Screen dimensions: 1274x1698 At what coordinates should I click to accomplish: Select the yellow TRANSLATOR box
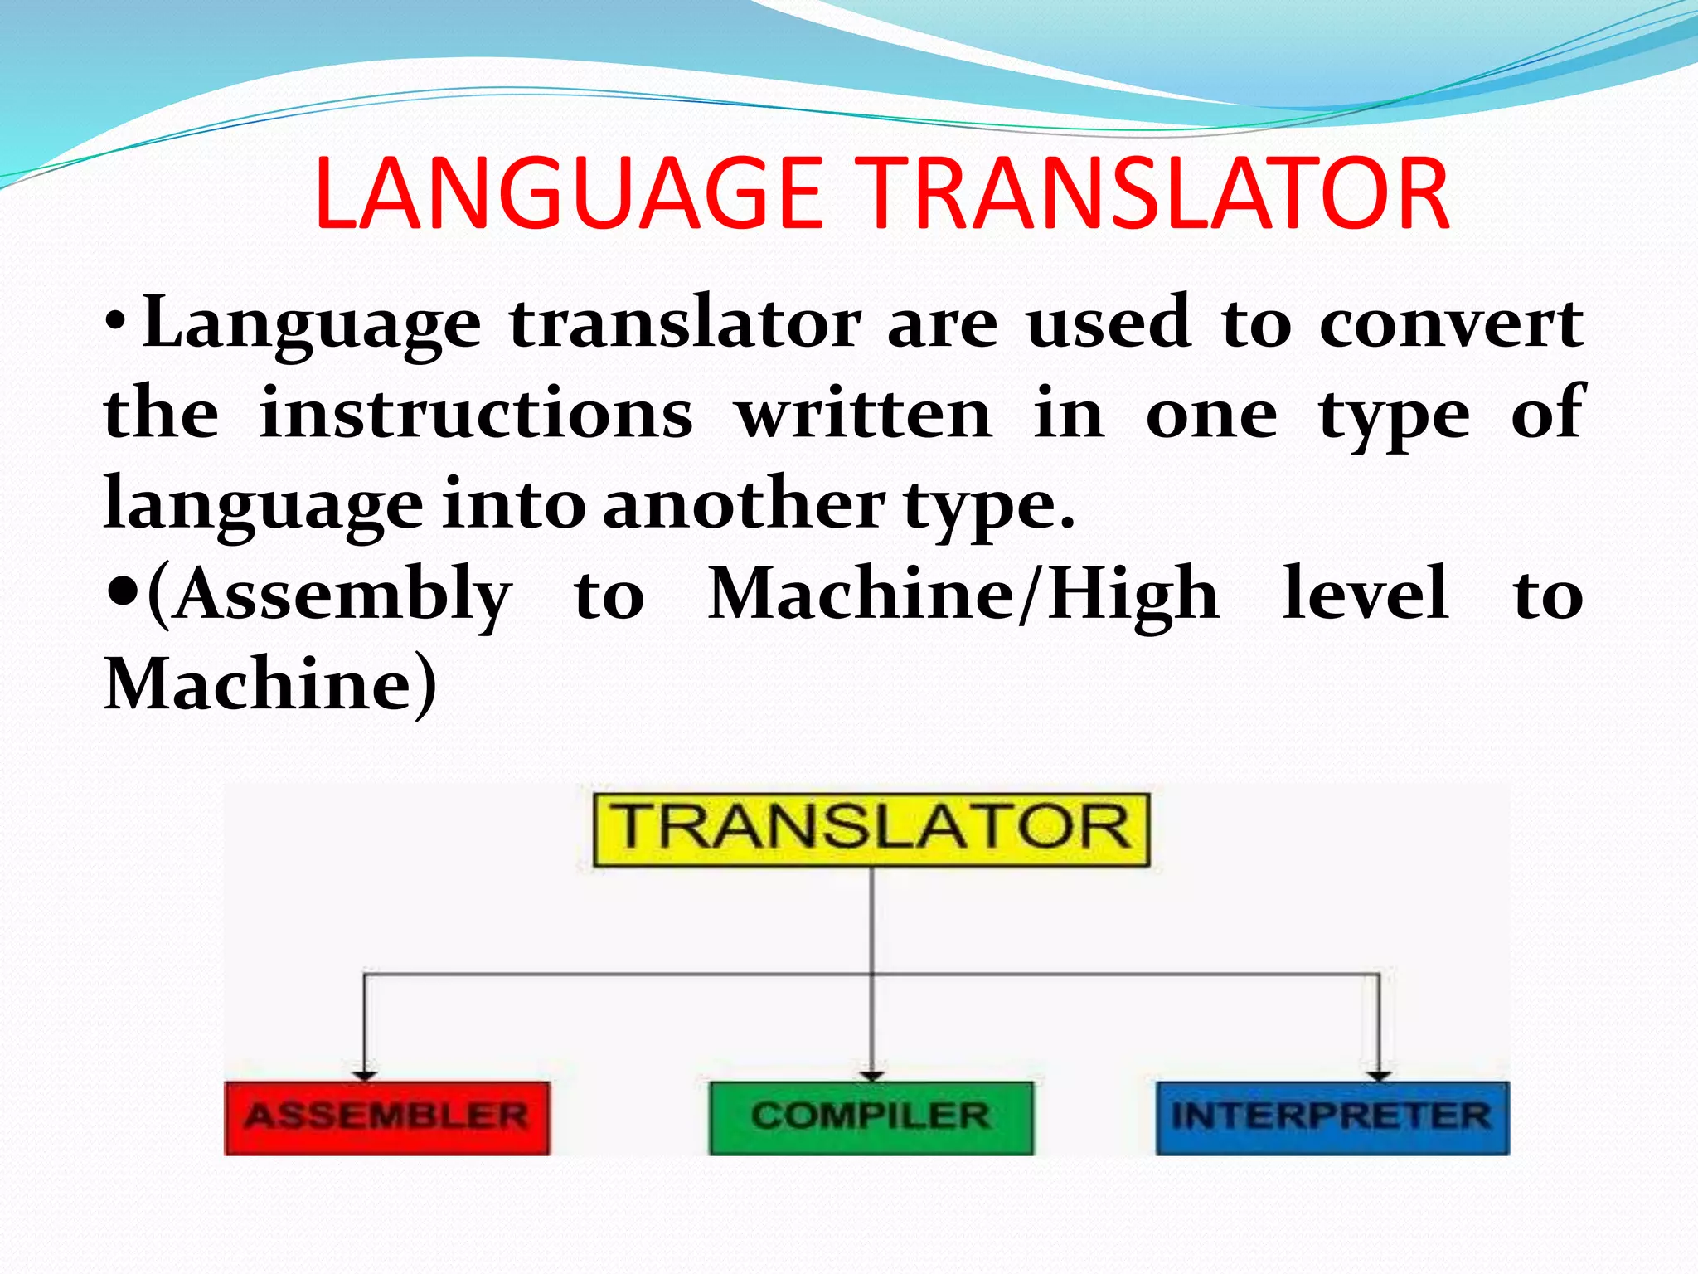(x=871, y=829)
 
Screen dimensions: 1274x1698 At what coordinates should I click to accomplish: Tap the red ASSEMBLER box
(x=386, y=1117)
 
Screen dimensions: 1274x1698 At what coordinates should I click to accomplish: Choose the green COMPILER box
(x=871, y=1117)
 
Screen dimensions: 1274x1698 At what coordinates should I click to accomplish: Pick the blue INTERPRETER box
(x=1332, y=1117)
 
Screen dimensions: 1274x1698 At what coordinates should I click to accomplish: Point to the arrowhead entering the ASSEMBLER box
(x=365, y=1075)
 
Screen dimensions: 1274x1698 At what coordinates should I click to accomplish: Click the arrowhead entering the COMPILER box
(x=871, y=1075)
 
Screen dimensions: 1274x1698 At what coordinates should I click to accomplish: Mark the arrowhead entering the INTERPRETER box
(x=1379, y=1075)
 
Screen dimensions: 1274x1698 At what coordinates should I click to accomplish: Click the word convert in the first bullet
(x=1451, y=324)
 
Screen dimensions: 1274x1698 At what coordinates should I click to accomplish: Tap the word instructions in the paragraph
(x=476, y=414)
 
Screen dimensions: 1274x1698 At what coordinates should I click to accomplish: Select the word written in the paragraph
(x=864, y=414)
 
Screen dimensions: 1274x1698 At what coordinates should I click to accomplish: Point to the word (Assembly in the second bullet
(x=329, y=596)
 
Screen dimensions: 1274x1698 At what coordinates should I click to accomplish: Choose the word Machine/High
(x=963, y=596)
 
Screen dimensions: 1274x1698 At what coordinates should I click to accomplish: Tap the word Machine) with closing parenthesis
(x=270, y=685)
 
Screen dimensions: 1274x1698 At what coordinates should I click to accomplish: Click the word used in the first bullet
(x=1109, y=323)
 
